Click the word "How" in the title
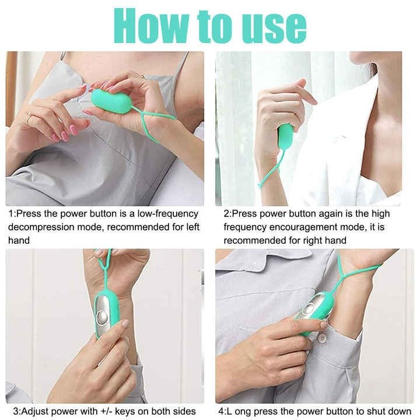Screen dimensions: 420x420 (x=152, y=26)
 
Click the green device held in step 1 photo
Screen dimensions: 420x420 (x=111, y=101)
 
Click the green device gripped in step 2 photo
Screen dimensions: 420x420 (x=285, y=136)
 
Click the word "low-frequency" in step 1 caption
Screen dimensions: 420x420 (x=167, y=213)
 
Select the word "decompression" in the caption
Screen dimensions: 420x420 (x=41, y=228)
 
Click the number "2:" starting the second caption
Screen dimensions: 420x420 (x=228, y=213)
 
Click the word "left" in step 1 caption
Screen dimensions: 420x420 (x=193, y=227)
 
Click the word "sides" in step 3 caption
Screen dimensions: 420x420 (x=184, y=411)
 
